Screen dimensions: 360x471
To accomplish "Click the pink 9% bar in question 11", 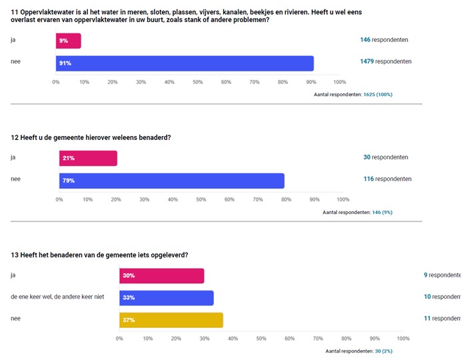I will [x=69, y=41].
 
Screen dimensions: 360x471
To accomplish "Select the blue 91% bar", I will [x=185, y=63].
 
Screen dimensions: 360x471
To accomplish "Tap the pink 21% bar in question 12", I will [x=88, y=158].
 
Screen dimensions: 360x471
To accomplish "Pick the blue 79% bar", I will [x=172, y=181].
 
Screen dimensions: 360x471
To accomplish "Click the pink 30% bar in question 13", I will [x=162, y=275].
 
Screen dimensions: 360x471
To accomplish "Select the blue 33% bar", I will [x=167, y=297].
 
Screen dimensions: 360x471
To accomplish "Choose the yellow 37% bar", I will [x=171, y=320].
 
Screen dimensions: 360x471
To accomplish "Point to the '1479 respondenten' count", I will [x=386, y=62].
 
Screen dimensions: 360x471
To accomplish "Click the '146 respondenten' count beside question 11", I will [x=384, y=39].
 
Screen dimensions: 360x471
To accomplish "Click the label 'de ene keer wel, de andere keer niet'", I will [x=58, y=297].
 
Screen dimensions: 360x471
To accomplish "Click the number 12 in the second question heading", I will [x=15, y=138].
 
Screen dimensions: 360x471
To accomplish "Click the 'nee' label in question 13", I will [x=15, y=319].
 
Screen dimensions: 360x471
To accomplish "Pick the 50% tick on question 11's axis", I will [x=198, y=82].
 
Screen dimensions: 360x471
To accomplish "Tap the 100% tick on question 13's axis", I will [x=403, y=339].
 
